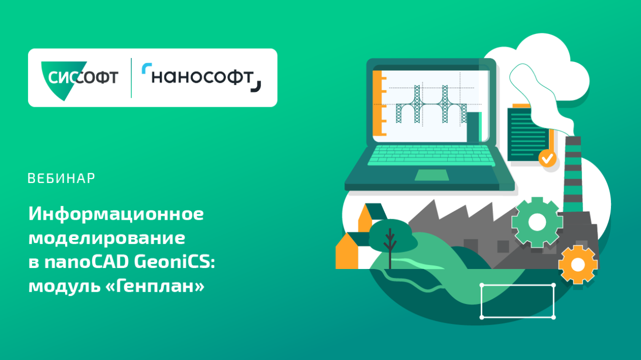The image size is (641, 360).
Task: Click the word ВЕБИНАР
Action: (61, 178)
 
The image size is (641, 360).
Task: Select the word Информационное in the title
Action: (116, 214)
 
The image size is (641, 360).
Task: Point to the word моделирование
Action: (107, 238)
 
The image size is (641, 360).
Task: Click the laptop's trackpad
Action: (431, 175)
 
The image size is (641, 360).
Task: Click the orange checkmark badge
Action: (547, 158)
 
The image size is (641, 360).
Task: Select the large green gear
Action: (537, 222)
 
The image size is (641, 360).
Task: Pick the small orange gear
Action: (577, 264)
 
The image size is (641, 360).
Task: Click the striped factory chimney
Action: (574, 168)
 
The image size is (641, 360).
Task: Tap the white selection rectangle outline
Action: (517, 286)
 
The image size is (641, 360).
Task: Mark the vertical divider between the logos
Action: (131, 78)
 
